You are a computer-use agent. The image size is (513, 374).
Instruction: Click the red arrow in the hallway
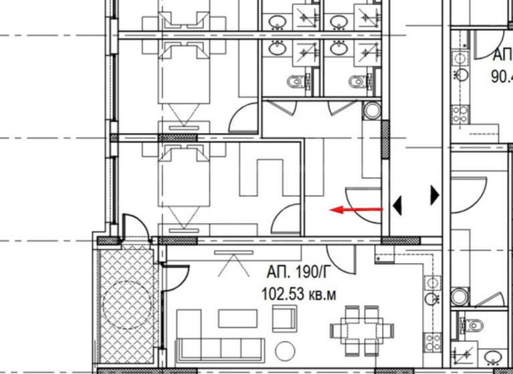(x=357, y=210)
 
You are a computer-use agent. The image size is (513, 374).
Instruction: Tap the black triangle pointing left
(x=397, y=206)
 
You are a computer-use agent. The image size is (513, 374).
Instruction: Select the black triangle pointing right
(x=436, y=195)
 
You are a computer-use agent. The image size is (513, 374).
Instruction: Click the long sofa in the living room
(x=220, y=349)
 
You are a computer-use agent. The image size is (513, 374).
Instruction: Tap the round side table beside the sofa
(x=286, y=349)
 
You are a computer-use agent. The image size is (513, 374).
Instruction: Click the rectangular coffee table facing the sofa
(x=238, y=318)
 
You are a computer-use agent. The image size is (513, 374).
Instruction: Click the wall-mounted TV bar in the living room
(x=234, y=252)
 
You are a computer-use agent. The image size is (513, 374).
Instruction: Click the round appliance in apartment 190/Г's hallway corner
(x=371, y=110)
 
